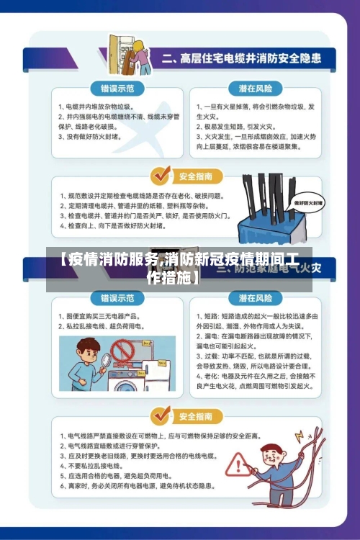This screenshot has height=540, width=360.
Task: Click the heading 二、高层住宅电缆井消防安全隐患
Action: (x=240, y=57)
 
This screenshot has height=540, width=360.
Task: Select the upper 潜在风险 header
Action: (x=255, y=89)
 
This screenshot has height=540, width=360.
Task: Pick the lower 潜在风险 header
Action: (x=255, y=297)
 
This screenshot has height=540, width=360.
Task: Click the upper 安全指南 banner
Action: (x=194, y=175)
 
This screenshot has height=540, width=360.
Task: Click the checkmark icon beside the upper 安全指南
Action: (x=160, y=174)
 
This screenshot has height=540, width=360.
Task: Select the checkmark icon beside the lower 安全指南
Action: (x=160, y=415)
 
